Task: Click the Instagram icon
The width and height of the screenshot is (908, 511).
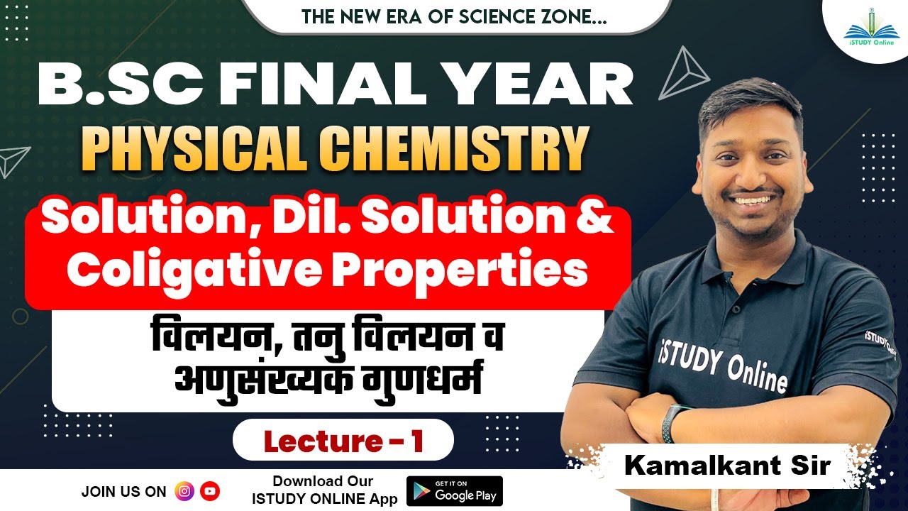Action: click(184, 490)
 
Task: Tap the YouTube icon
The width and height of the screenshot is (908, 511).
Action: click(210, 490)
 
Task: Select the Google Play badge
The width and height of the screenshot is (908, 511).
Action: click(454, 491)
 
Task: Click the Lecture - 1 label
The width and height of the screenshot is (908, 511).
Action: click(343, 441)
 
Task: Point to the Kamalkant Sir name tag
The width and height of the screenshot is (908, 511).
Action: click(726, 466)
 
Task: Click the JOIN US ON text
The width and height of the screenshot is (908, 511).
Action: click(123, 491)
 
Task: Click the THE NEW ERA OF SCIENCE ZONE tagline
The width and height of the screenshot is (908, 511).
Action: click(454, 16)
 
